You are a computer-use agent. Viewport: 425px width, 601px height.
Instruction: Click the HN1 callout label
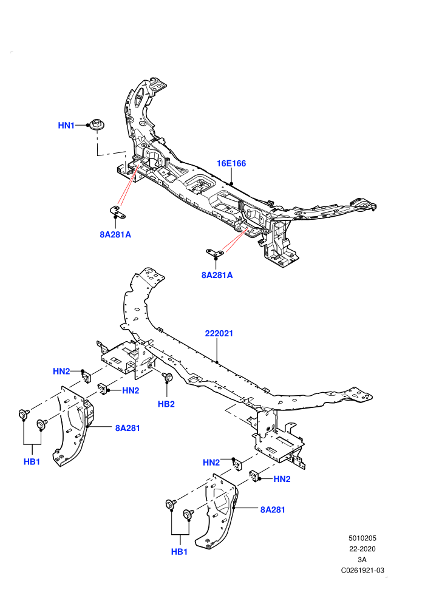(x=66, y=125)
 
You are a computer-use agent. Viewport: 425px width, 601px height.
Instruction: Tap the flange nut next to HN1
(x=96, y=124)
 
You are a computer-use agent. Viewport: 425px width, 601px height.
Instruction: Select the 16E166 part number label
(x=231, y=164)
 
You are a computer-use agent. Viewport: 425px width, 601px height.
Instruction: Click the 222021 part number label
(x=219, y=333)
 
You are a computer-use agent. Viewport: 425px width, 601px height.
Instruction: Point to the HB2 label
(x=166, y=404)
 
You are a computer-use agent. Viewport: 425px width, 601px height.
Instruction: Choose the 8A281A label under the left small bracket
(x=115, y=234)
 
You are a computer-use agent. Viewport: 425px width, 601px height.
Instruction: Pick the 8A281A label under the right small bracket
(x=217, y=275)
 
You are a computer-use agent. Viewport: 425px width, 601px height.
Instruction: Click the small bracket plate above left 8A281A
(x=118, y=211)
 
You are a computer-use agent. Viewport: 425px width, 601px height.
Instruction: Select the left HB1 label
(x=32, y=462)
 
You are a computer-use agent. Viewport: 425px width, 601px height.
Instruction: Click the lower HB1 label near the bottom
(x=179, y=552)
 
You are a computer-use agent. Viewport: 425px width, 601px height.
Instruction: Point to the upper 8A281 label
(x=127, y=428)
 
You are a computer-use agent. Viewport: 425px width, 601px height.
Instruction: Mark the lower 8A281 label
(x=273, y=510)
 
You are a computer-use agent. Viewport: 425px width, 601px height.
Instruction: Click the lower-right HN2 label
(x=282, y=479)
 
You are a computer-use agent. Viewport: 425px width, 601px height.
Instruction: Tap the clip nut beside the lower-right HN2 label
(x=254, y=475)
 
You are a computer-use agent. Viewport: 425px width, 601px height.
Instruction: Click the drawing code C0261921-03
(x=362, y=570)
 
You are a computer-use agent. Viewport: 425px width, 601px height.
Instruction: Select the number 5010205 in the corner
(x=362, y=538)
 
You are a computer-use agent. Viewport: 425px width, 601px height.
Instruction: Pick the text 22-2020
(x=362, y=549)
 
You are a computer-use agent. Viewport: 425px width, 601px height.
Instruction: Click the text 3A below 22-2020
(x=362, y=560)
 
